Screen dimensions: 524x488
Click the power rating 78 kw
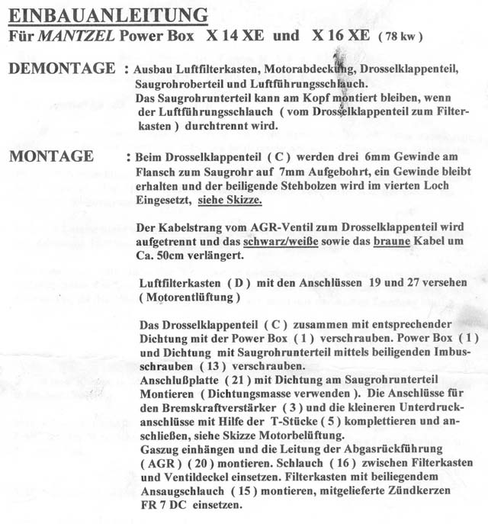401,37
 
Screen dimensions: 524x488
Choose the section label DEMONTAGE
61,69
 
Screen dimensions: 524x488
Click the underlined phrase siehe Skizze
230,201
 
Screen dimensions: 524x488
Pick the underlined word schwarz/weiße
286,242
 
